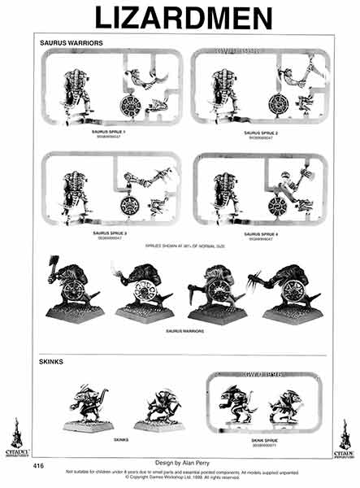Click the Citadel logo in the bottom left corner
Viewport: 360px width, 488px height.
pos(15,439)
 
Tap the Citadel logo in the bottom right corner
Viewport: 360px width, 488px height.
pos(345,439)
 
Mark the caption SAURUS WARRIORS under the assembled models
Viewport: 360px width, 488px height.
pos(186,331)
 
